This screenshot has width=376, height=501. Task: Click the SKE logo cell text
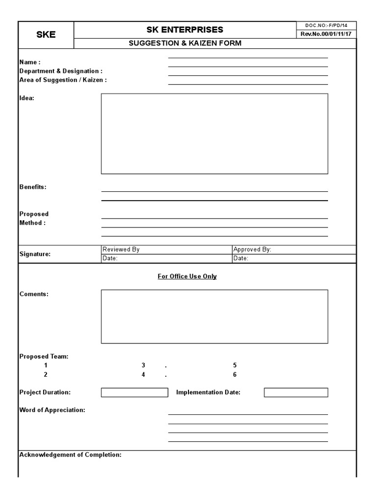tap(46, 35)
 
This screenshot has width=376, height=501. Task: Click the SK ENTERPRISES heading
tap(185, 30)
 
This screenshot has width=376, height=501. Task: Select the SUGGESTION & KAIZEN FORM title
tap(185, 44)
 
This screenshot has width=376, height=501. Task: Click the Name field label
tap(29, 62)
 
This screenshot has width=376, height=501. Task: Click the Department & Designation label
tap(61, 71)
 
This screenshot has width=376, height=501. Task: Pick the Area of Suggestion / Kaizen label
tap(63, 80)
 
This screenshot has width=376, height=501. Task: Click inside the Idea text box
tap(214, 134)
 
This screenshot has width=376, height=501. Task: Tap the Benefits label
tap(33, 187)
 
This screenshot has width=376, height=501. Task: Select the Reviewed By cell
tap(166, 250)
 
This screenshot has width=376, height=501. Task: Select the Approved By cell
tap(294, 250)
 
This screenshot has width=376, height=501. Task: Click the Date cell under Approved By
tap(294, 258)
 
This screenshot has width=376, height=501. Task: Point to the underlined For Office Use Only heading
tap(187, 276)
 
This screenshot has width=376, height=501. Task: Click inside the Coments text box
tap(214, 317)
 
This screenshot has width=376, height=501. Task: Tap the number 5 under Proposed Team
tap(235, 365)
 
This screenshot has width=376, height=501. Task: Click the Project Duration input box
tap(135, 392)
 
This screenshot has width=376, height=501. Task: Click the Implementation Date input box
tap(296, 392)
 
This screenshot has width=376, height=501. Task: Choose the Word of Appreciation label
tap(52, 410)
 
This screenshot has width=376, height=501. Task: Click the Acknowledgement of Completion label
tap(70, 455)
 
